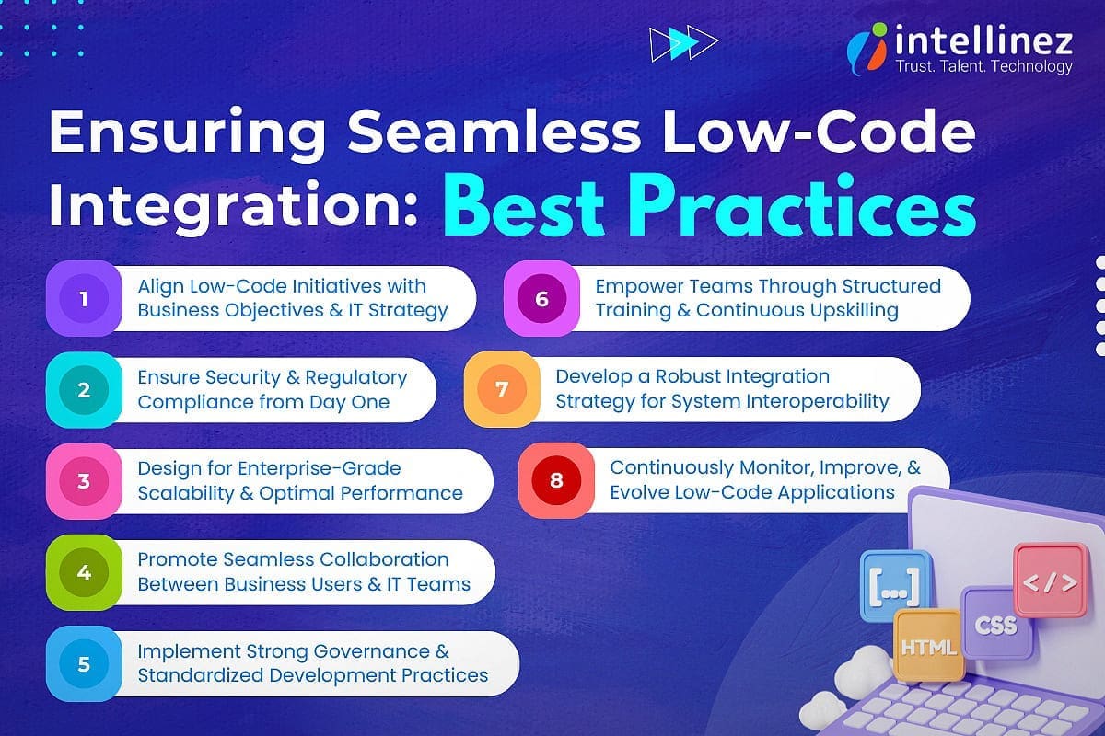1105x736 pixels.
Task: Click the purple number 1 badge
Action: point(84,299)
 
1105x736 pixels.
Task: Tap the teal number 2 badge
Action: point(84,389)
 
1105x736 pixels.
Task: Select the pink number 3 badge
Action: point(84,480)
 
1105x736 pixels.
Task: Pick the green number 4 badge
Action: point(84,572)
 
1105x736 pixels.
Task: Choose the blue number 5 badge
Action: point(84,662)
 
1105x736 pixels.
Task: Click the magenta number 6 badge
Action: point(541,299)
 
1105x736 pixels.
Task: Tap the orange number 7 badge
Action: point(502,389)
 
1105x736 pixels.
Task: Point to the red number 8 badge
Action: point(556,480)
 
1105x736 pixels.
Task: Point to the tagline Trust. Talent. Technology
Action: point(983,66)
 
